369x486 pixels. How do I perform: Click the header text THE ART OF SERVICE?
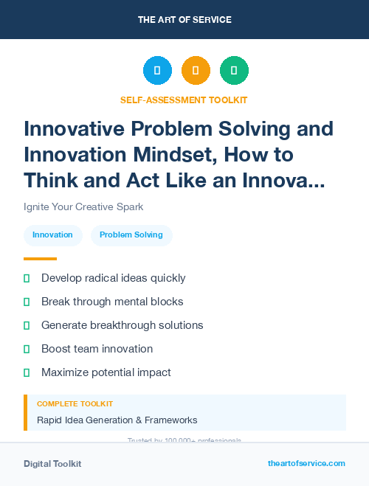[184, 20]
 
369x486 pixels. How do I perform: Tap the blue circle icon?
[157, 71]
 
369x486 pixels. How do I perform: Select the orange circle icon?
[196, 71]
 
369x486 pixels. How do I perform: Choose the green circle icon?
[234, 71]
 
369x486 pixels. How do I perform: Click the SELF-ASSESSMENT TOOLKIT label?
[184, 100]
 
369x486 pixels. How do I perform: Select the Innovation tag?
[52, 235]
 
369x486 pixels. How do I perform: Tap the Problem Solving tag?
[131, 235]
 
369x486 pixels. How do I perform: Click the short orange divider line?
[40, 259]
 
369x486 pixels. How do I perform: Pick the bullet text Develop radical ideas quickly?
[113, 278]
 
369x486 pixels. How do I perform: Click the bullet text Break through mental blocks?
[112, 302]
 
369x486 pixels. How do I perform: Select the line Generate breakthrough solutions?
[122, 325]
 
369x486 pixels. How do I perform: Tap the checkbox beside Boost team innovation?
[27, 349]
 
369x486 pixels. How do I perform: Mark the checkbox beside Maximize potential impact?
[27, 372]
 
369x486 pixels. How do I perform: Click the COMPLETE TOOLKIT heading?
[75, 404]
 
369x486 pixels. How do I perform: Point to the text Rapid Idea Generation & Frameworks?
[117, 420]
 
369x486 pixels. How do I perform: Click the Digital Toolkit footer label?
[52, 464]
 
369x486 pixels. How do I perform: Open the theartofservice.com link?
[306, 463]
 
